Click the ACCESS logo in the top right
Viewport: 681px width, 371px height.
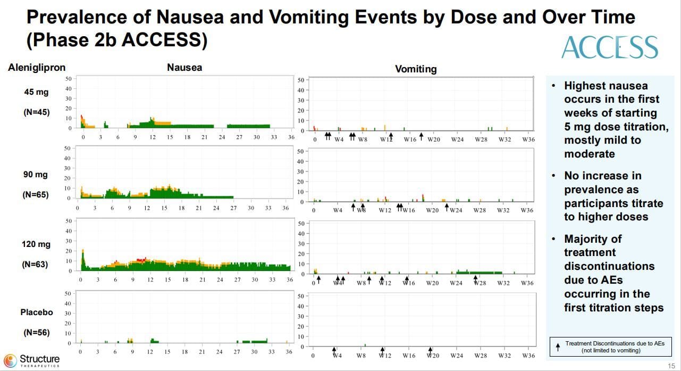[610, 47]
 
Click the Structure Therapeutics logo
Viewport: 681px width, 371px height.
[32, 360]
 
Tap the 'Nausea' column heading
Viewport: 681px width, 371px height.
[184, 68]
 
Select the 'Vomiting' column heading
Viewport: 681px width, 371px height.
[416, 69]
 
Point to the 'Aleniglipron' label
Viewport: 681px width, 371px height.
[37, 68]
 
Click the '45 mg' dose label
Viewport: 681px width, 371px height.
[36, 92]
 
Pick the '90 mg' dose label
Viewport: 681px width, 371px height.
[36, 174]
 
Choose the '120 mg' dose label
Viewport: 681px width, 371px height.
[36, 244]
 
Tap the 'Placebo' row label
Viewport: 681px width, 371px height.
[36, 312]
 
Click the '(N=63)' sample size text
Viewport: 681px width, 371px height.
[36, 264]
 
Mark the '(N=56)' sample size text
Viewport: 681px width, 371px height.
[36, 333]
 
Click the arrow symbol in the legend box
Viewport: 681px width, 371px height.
[557, 347]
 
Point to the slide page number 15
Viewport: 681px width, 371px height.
[671, 365]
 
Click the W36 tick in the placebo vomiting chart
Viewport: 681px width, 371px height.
[528, 356]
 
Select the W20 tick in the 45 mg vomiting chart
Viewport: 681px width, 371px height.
[433, 139]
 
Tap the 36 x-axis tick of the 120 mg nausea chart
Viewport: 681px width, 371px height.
[289, 279]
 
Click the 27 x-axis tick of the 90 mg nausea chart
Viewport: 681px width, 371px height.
[233, 208]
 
